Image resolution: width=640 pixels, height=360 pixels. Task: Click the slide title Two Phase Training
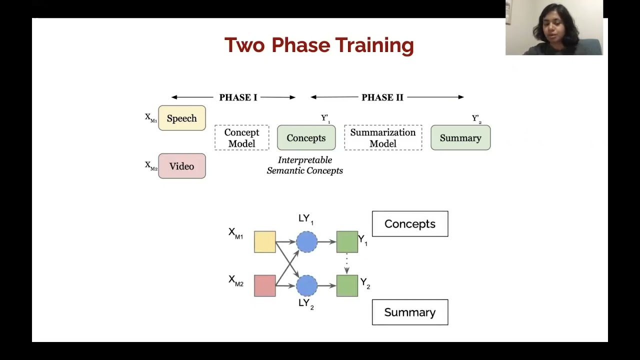[x=319, y=45]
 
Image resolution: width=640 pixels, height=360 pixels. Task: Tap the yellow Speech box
[x=182, y=118]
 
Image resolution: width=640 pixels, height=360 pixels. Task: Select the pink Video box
[x=182, y=166]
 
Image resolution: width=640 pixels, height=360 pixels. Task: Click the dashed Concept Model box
[x=241, y=138]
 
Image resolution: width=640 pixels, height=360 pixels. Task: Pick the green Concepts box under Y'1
[x=306, y=138]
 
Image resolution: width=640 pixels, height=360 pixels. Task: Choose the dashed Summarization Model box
[x=383, y=138]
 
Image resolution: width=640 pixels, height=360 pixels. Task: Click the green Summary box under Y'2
[x=460, y=138]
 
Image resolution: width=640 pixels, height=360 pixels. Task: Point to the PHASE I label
[x=238, y=97]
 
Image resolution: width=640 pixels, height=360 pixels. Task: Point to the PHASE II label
[x=382, y=97]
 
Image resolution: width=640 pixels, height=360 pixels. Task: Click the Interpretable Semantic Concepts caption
[x=305, y=165]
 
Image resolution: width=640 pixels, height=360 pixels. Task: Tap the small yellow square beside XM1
[x=265, y=242]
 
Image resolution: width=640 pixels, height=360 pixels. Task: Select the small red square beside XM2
[x=265, y=286]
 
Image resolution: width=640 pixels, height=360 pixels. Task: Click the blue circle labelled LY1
[x=306, y=242]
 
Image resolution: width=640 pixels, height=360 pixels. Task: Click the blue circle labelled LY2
[x=306, y=286]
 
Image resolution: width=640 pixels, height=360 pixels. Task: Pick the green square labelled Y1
[x=347, y=242]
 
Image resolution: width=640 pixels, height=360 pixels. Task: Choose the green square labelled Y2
[x=347, y=286]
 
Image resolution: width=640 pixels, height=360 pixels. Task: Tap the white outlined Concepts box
[x=410, y=224]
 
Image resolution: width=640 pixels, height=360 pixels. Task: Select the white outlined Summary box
[x=410, y=312]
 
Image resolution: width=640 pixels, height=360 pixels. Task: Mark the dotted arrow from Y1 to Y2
[x=347, y=263]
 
